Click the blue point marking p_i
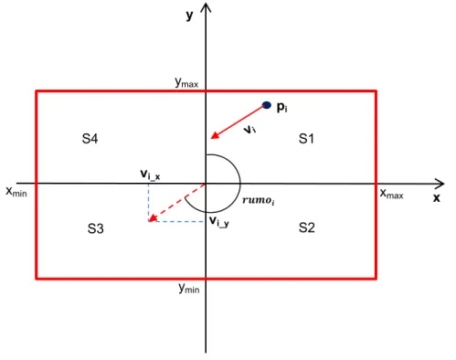click(267, 105)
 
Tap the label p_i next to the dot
click(281, 107)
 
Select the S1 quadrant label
click(306, 139)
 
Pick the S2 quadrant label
click(306, 228)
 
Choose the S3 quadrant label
click(96, 228)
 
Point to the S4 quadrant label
click(90, 139)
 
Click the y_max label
click(186, 82)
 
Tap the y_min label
click(189, 288)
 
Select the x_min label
click(16, 192)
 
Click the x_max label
click(392, 194)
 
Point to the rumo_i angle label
click(258, 200)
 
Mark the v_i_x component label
click(150, 175)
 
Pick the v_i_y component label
click(219, 221)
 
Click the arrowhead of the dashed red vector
click(152, 217)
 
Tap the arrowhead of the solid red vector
click(215, 135)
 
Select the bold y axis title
click(189, 16)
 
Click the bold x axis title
click(437, 198)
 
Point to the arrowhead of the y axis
click(206, 7)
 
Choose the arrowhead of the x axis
click(440, 184)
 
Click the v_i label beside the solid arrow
click(249, 130)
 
